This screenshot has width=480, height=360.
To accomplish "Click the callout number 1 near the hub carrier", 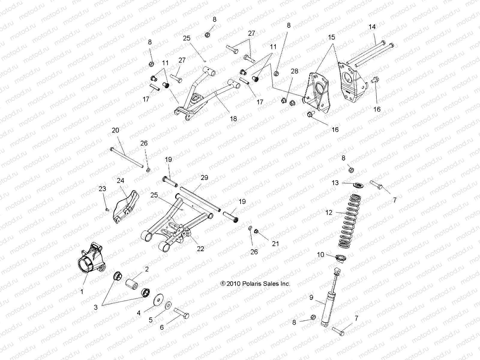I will (x=82, y=291).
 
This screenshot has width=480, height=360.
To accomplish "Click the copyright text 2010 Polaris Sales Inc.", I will (x=255, y=283).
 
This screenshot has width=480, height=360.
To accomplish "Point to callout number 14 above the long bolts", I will (x=372, y=27).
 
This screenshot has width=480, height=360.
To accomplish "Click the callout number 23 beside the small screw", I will (x=102, y=189).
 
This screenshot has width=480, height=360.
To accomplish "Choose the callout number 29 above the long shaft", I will (x=204, y=178).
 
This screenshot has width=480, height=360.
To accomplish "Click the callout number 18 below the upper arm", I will (x=233, y=119).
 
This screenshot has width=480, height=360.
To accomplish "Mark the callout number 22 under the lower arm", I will (x=200, y=249).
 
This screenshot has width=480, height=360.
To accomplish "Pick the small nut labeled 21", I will (x=256, y=231).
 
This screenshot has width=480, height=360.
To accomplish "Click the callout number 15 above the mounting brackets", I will (x=331, y=37).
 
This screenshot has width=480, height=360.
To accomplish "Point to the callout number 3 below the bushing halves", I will (x=96, y=307).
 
